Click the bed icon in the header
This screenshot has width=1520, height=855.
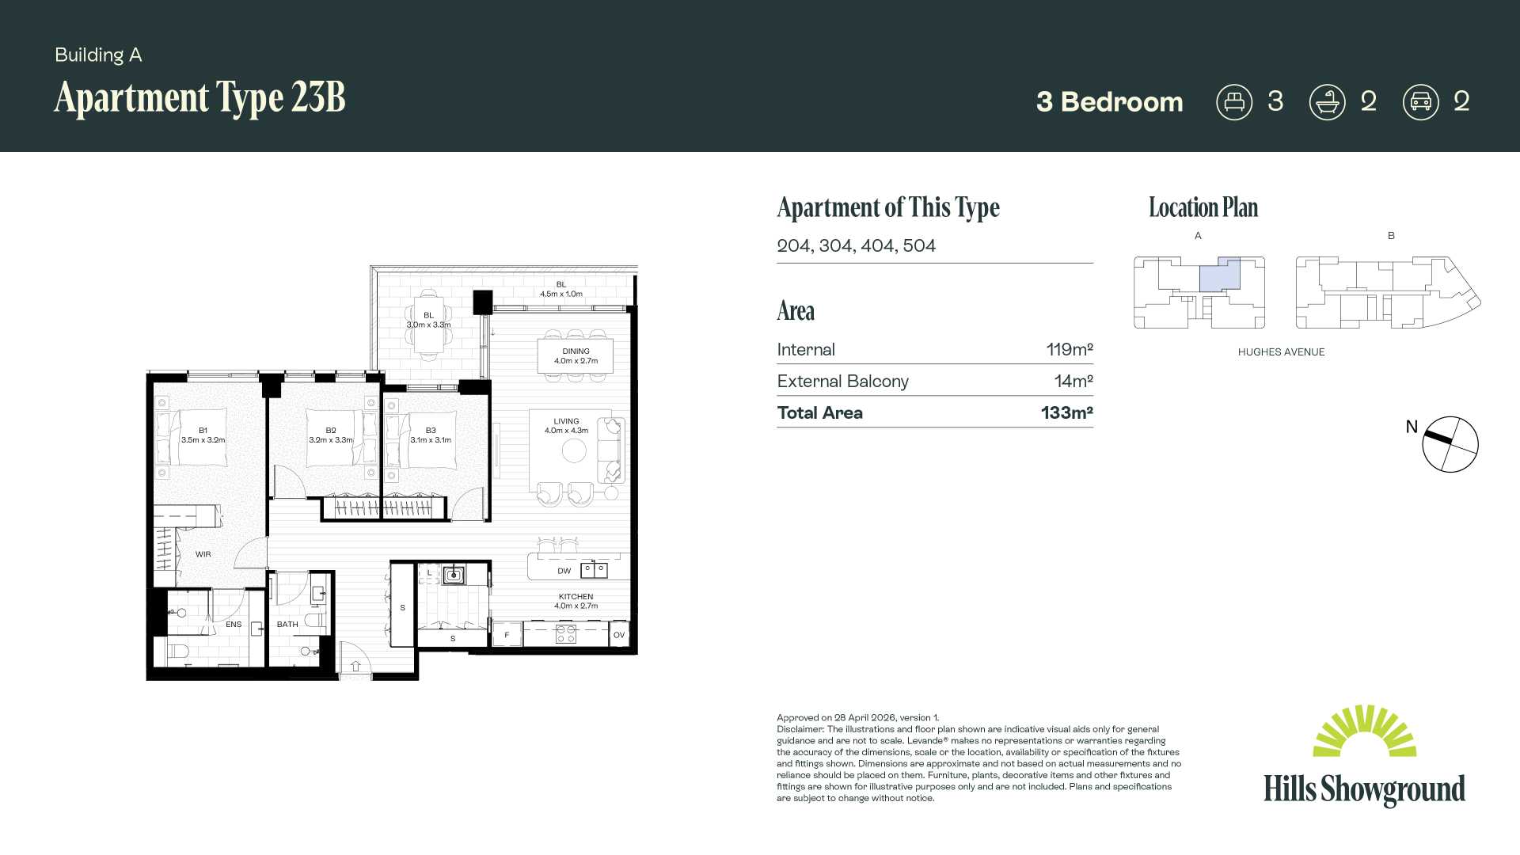point(1233,102)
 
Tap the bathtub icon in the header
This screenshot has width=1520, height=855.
point(1327,102)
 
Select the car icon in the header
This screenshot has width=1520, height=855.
point(1420,102)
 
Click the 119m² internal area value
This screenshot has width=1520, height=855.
point(1069,349)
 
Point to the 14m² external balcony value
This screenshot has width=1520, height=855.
point(1073,381)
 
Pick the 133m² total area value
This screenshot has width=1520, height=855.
point(1067,412)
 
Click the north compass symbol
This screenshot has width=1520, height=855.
point(1450,444)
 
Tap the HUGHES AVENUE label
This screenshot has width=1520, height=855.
point(1281,352)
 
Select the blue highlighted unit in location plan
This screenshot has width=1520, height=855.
point(1219,275)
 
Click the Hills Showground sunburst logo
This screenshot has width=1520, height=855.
point(1364,731)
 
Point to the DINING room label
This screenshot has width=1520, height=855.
point(576,351)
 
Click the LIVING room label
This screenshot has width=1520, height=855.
point(566,421)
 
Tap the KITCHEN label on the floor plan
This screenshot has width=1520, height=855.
point(576,597)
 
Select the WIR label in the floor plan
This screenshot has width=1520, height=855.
point(203,554)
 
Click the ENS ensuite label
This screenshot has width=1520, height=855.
point(234,625)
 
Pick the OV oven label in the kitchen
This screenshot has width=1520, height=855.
point(619,635)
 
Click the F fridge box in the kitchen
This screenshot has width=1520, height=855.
point(507,634)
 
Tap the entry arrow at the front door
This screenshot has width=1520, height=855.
point(355,666)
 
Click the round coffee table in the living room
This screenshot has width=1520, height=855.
point(574,450)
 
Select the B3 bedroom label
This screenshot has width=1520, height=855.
point(431,431)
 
